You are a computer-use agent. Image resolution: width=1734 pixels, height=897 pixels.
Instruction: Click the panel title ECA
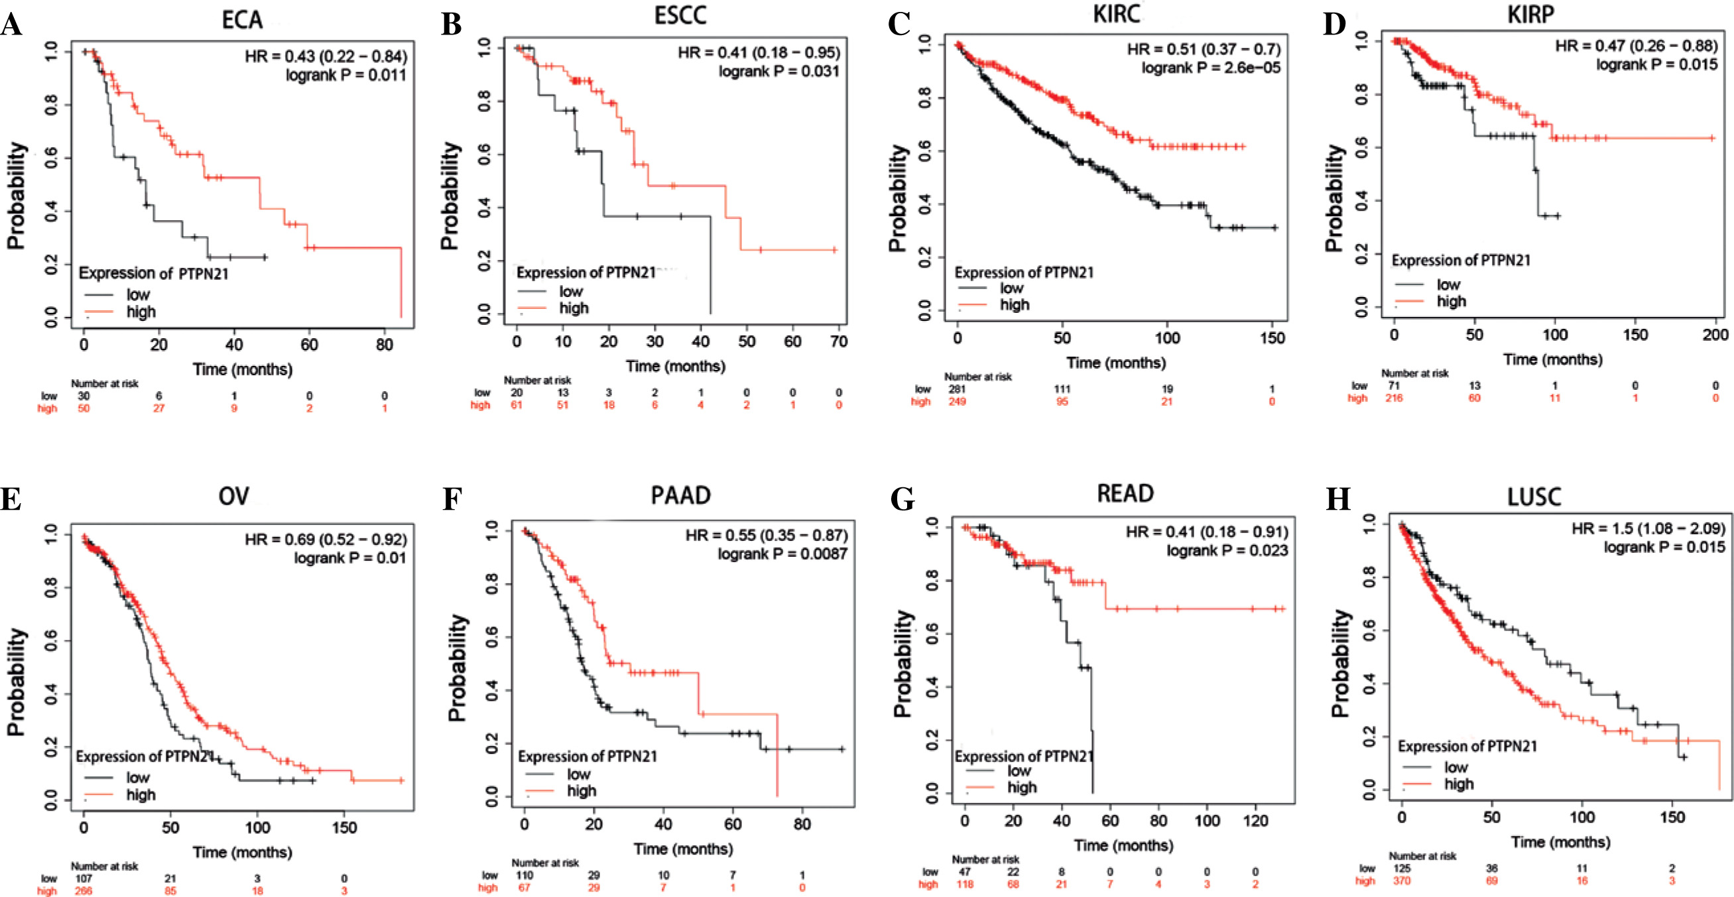click(241, 20)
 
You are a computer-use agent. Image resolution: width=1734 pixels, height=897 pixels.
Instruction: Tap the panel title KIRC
click(1117, 14)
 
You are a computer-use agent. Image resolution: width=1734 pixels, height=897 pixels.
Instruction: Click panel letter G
click(902, 499)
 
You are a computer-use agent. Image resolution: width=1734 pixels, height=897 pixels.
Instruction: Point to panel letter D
click(1334, 24)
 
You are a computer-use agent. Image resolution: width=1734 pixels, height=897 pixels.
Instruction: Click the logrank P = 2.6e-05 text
click(1210, 68)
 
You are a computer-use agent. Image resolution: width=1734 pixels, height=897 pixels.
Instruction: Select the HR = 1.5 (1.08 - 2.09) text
click(1648, 528)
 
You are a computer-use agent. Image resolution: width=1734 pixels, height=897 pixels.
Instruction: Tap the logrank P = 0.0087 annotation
click(782, 554)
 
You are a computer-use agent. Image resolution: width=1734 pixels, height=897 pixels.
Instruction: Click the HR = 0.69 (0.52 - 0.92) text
click(325, 540)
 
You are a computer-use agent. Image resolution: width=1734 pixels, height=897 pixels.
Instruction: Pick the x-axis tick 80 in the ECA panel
click(385, 345)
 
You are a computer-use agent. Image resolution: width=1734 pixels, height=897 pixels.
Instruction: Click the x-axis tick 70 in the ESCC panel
click(839, 342)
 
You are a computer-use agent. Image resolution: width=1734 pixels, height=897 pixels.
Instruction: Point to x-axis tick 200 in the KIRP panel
click(1715, 335)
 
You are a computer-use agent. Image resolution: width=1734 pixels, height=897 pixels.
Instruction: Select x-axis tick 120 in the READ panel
click(1255, 821)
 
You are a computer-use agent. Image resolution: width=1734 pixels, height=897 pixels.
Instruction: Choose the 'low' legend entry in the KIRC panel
click(1012, 288)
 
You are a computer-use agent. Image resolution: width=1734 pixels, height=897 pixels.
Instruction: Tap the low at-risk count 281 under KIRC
click(957, 389)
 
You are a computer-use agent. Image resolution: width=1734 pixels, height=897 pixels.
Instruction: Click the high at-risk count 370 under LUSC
click(1402, 881)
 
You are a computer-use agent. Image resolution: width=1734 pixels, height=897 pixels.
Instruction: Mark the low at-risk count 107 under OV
click(84, 878)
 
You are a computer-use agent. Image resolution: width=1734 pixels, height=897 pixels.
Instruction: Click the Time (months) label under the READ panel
click(1123, 845)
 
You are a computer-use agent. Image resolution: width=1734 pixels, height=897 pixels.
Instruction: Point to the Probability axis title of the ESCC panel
click(450, 195)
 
